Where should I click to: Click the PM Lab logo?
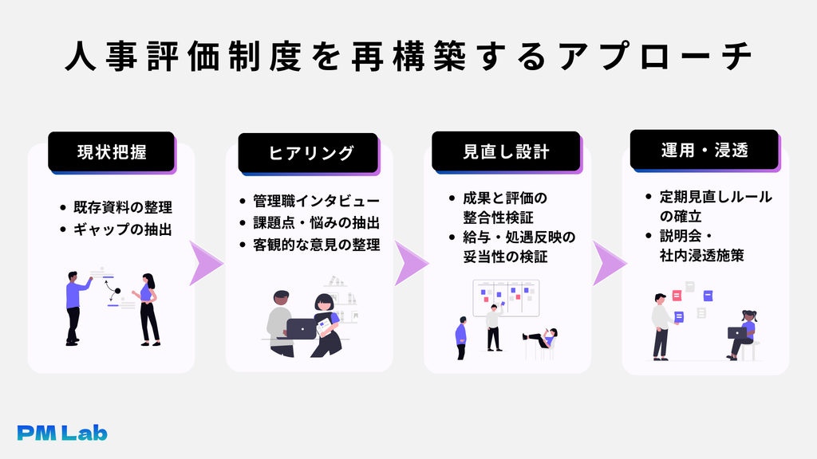pyautogui.click(x=62, y=433)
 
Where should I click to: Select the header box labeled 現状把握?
pyautogui.click(x=112, y=151)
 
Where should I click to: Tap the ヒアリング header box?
pyautogui.click(x=309, y=153)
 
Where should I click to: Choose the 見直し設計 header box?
pyautogui.click(x=506, y=151)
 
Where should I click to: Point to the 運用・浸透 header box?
pyautogui.click(x=705, y=150)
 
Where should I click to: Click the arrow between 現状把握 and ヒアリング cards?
pyautogui.click(x=206, y=263)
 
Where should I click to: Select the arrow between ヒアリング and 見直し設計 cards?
pyautogui.click(x=411, y=263)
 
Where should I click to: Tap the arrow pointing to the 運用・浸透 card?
pyautogui.click(x=610, y=263)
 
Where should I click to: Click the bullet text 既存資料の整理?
pyautogui.click(x=122, y=207)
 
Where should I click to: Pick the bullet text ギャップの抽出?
pyautogui.click(x=122, y=229)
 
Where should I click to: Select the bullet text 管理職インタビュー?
pyautogui.click(x=316, y=201)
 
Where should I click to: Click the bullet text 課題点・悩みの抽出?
pyautogui.click(x=316, y=223)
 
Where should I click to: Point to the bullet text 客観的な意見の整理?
pyautogui.click(x=316, y=245)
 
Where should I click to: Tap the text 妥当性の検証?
pyautogui.click(x=505, y=257)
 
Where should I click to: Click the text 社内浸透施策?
pyautogui.click(x=701, y=255)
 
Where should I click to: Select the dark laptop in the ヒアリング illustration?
pyautogui.click(x=301, y=328)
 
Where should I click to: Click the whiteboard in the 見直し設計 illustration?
pyautogui.click(x=506, y=298)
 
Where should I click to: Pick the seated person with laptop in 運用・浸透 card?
pyautogui.click(x=742, y=335)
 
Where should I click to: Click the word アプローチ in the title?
pyautogui.click(x=655, y=56)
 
